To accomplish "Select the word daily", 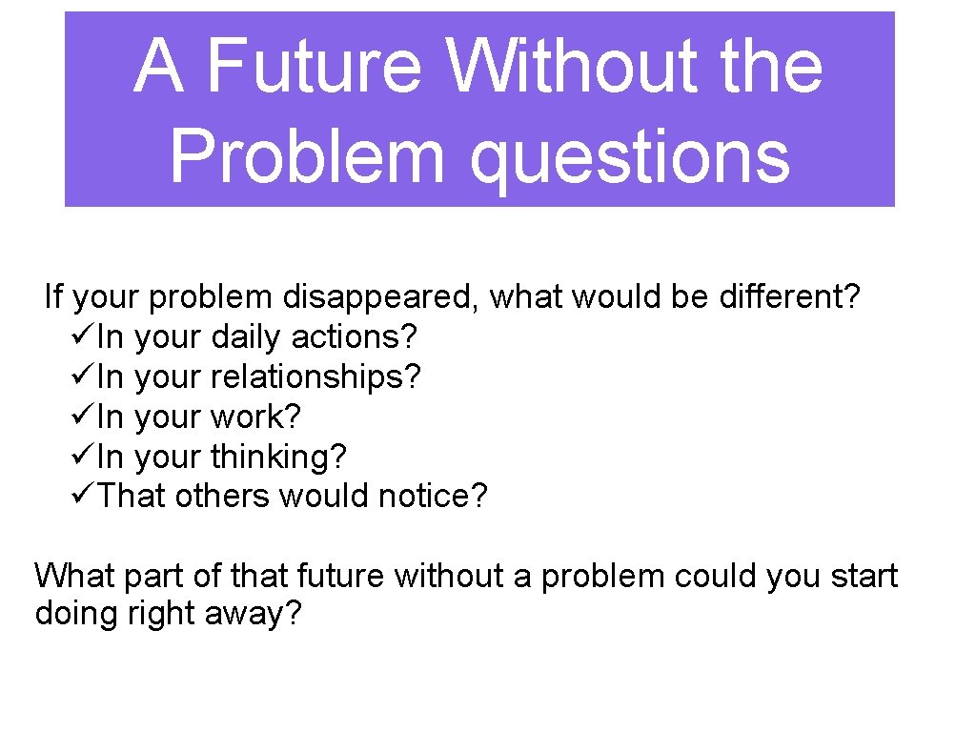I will click(246, 337).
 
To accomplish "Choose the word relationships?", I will click(315, 377).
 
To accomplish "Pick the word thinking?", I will click(278, 457).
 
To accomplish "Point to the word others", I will click(222, 497).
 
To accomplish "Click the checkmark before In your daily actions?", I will click(83, 337).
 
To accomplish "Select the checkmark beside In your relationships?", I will click(83, 377).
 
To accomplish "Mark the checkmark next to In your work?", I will click(83, 417).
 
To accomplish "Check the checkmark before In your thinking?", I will click(83, 457).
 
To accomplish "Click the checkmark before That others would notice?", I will click(83, 497).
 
